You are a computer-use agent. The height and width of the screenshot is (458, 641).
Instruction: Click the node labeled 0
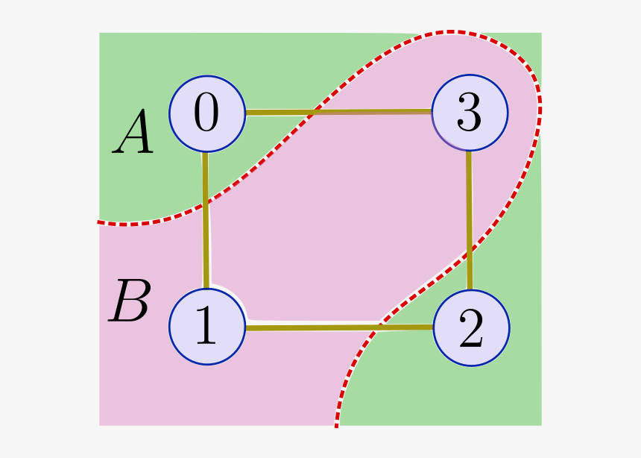coord(207,114)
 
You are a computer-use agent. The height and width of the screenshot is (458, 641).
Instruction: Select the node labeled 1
coord(207,327)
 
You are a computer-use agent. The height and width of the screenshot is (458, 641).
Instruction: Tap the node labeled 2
coord(471,327)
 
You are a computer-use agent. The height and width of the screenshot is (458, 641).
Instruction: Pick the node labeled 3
coord(470,113)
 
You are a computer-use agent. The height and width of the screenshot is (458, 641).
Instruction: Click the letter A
coord(133,134)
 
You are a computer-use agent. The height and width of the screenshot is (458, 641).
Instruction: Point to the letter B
coord(130,302)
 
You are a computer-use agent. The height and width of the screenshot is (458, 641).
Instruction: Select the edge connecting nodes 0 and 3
coord(373,112)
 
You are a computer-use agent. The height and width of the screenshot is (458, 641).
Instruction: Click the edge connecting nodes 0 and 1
coord(206,246)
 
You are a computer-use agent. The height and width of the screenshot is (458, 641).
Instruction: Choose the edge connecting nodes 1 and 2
coord(313,327)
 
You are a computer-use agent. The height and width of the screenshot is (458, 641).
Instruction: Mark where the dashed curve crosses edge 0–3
coord(314,113)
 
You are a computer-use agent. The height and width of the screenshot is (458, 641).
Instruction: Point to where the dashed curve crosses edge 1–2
coord(379,327)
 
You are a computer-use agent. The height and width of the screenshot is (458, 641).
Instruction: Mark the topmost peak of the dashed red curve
coord(452,32)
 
